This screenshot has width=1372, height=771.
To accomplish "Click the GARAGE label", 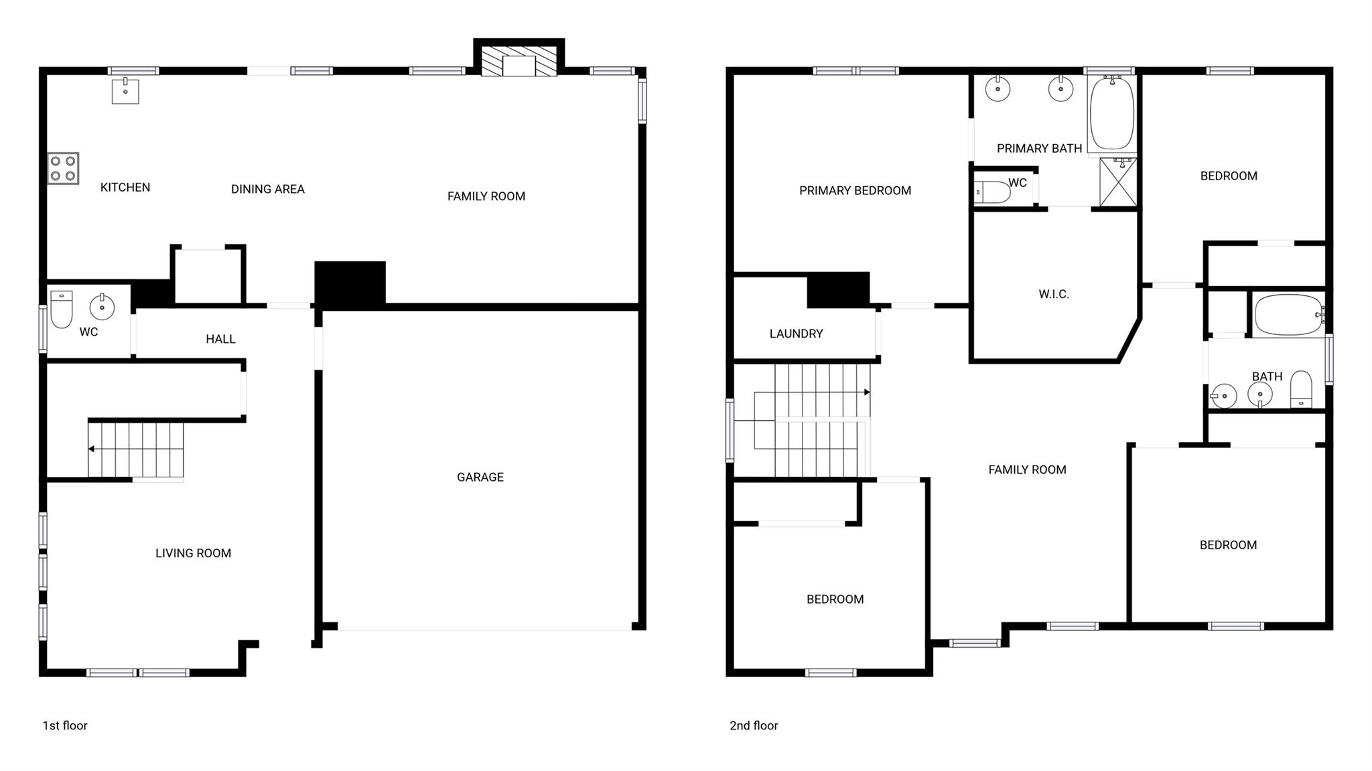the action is click(x=480, y=477).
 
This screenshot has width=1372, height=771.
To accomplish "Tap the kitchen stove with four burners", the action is click(x=63, y=168).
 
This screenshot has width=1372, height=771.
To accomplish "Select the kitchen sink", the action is click(x=125, y=91).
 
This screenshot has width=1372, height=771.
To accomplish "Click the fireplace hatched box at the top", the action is click(x=519, y=61).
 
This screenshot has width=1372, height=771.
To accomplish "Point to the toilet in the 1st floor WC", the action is click(x=62, y=309).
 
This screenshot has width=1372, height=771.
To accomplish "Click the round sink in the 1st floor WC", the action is click(x=102, y=307).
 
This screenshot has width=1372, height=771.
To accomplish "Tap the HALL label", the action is click(x=220, y=339).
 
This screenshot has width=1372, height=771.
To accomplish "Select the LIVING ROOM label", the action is click(x=193, y=553).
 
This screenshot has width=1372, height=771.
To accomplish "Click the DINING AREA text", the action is click(x=268, y=190).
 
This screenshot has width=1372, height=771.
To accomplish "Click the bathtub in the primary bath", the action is click(x=1112, y=114).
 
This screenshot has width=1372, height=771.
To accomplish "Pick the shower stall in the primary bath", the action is click(x=1118, y=182).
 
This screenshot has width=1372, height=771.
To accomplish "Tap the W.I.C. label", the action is click(x=1054, y=294).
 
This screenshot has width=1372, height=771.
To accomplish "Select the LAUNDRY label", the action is click(x=796, y=334).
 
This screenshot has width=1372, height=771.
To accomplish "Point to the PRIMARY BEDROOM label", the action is click(x=855, y=191).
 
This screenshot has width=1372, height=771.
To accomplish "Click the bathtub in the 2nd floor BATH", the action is click(x=1288, y=315).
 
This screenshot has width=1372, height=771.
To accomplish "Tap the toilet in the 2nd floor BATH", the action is click(x=1301, y=389).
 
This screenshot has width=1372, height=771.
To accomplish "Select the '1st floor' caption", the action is click(x=65, y=725).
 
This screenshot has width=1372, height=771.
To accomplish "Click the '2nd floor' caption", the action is click(x=754, y=725).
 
